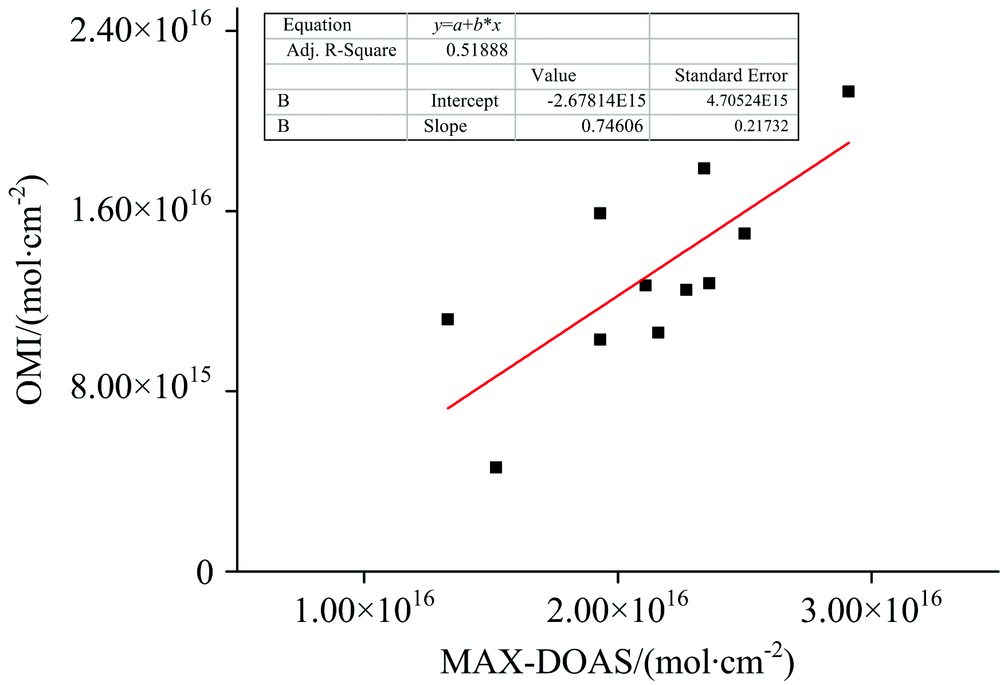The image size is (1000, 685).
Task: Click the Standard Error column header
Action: pyautogui.click(x=730, y=76)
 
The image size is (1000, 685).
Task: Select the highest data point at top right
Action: pyautogui.click(x=848, y=91)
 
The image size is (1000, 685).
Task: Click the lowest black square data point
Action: pyautogui.click(x=495, y=467)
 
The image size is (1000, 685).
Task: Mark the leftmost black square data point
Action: pyautogui.click(x=447, y=319)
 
